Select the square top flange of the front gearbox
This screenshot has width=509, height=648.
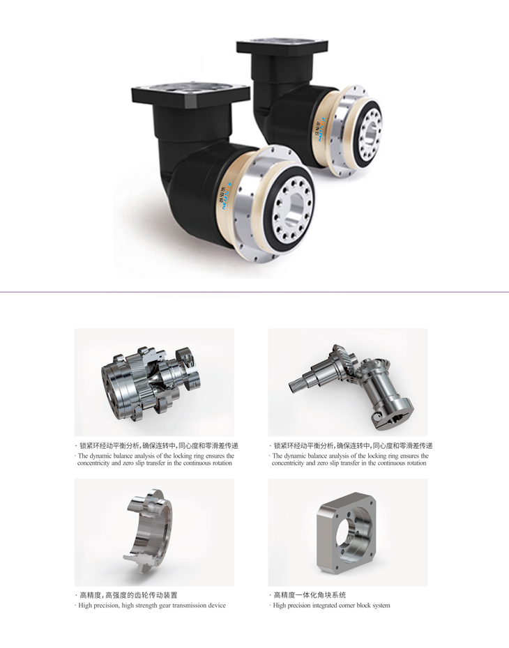[x=190, y=94]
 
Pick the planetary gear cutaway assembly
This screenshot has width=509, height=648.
[x=151, y=381]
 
